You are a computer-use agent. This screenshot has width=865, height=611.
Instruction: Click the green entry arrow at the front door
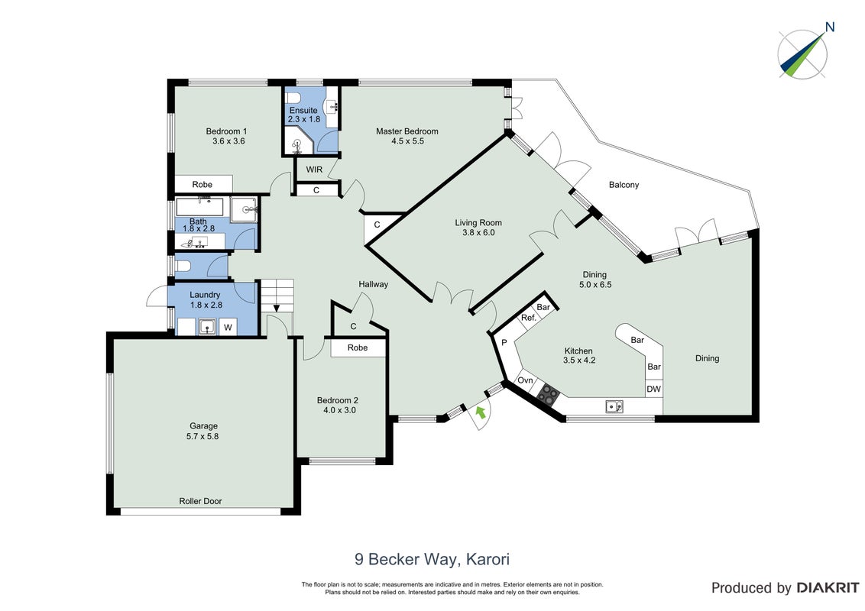(x=481, y=412)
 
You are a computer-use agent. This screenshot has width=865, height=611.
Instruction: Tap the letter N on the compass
(x=830, y=27)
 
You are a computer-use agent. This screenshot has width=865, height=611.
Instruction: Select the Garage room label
(x=203, y=425)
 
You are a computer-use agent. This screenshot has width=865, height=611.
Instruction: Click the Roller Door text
(x=200, y=501)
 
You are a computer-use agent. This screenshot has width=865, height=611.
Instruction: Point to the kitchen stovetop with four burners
(x=549, y=394)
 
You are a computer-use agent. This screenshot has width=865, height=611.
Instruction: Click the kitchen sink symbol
(x=614, y=406)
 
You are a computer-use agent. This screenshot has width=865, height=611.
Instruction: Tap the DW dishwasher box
(x=653, y=390)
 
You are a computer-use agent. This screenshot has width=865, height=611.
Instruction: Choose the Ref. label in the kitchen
(x=529, y=318)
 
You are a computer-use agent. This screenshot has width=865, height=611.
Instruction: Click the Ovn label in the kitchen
(x=525, y=380)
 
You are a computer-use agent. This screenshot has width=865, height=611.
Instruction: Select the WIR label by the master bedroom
(x=315, y=170)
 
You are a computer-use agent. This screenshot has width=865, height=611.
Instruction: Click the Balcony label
(x=624, y=185)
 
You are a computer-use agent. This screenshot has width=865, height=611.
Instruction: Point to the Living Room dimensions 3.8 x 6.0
(x=478, y=233)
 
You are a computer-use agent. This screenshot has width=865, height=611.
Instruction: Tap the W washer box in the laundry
(x=228, y=328)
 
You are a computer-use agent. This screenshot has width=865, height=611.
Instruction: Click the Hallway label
(x=374, y=285)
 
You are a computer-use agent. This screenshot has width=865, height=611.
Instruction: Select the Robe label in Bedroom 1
(x=202, y=185)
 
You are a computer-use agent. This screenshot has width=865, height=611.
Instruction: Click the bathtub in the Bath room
(x=199, y=207)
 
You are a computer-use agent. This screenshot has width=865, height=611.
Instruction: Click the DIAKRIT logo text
(x=828, y=588)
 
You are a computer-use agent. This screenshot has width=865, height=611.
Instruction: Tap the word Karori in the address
(x=488, y=559)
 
